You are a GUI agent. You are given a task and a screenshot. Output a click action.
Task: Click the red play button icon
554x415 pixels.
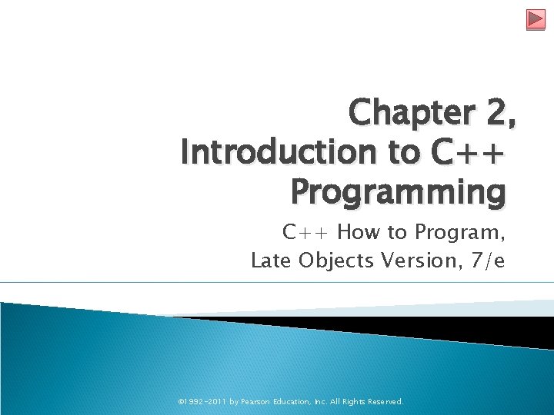536,19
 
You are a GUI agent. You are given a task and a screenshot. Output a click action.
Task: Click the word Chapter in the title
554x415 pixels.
412,114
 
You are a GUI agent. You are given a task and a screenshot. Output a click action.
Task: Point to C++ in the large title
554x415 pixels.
469,153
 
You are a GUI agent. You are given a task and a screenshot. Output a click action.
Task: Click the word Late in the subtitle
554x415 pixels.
270,261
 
